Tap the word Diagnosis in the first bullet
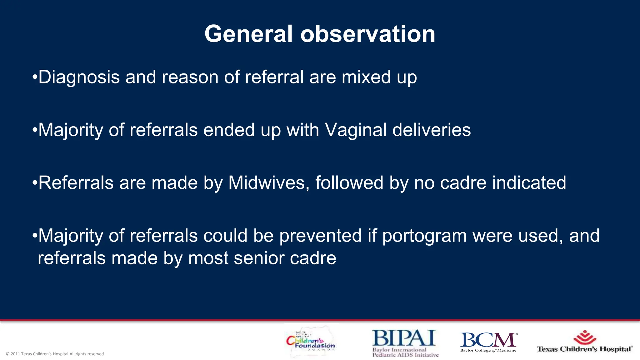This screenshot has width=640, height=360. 79,77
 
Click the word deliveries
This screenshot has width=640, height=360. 432,130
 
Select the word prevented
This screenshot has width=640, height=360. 320,235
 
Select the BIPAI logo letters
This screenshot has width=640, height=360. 404,338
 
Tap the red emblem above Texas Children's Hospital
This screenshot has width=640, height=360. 585,337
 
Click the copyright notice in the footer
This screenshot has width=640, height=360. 55,354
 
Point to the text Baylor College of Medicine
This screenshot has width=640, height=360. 488,350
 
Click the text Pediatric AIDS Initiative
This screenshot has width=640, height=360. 405,355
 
